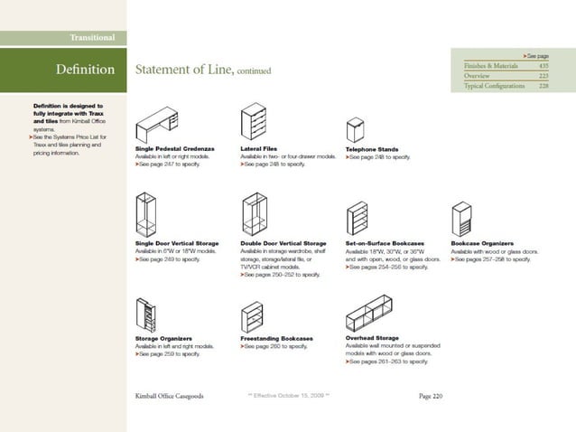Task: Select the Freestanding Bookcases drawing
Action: (252, 315)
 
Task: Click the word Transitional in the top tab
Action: (92, 37)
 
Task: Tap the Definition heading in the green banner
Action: (85, 70)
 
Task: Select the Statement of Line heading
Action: (184, 70)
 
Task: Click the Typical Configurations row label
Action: (494, 86)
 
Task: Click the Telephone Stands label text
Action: (372, 149)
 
